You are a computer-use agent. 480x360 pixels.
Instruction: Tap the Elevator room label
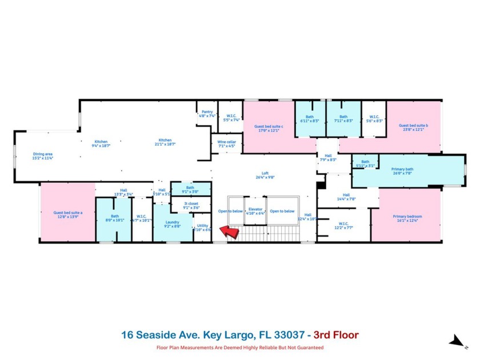(x=255, y=211)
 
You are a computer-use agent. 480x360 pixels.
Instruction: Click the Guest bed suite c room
(x=268, y=127)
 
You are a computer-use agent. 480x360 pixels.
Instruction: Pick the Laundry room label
(x=173, y=223)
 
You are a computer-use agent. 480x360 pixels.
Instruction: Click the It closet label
(x=191, y=205)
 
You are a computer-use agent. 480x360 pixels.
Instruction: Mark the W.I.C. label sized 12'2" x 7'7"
(x=343, y=225)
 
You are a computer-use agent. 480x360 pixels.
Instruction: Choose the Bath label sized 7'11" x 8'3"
(x=343, y=118)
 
